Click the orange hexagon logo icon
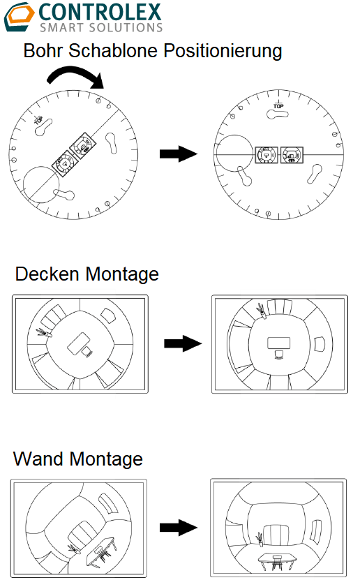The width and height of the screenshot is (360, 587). click(20, 17)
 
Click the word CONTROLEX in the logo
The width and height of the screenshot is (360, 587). click(100, 13)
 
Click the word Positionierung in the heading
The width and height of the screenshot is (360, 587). click(223, 51)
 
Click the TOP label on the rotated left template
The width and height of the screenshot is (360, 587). click(38, 120)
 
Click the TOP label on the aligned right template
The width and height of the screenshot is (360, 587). click(278, 105)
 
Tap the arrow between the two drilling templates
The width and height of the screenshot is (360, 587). click(179, 154)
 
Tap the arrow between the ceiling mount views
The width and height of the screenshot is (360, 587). click(183, 343)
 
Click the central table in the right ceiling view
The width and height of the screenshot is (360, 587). click(278, 343)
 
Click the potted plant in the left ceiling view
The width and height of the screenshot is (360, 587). click(44, 332)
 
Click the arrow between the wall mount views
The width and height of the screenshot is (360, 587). click(179, 528)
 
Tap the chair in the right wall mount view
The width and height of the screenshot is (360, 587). click(276, 563)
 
